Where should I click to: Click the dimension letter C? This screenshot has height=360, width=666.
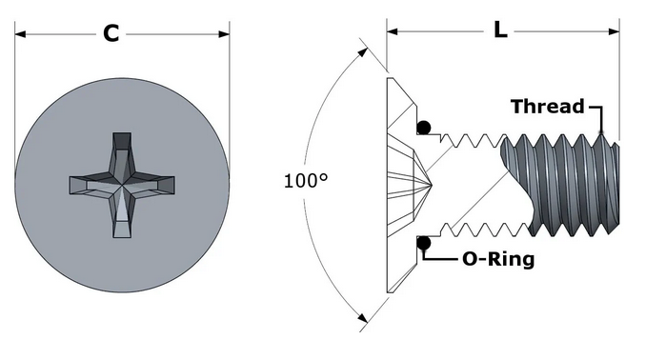point(111,34)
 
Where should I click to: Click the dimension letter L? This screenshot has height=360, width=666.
point(500,30)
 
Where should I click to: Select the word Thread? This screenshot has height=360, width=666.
point(547,106)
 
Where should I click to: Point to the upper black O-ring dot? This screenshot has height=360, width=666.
point(423,128)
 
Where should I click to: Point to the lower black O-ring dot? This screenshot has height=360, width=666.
point(423,243)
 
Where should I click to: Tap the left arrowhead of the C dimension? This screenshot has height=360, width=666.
point(20,35)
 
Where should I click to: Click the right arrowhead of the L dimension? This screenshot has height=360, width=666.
point(614,30)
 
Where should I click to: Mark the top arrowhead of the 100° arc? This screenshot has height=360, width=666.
point(362,45)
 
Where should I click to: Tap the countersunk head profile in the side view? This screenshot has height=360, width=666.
point(398,185)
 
